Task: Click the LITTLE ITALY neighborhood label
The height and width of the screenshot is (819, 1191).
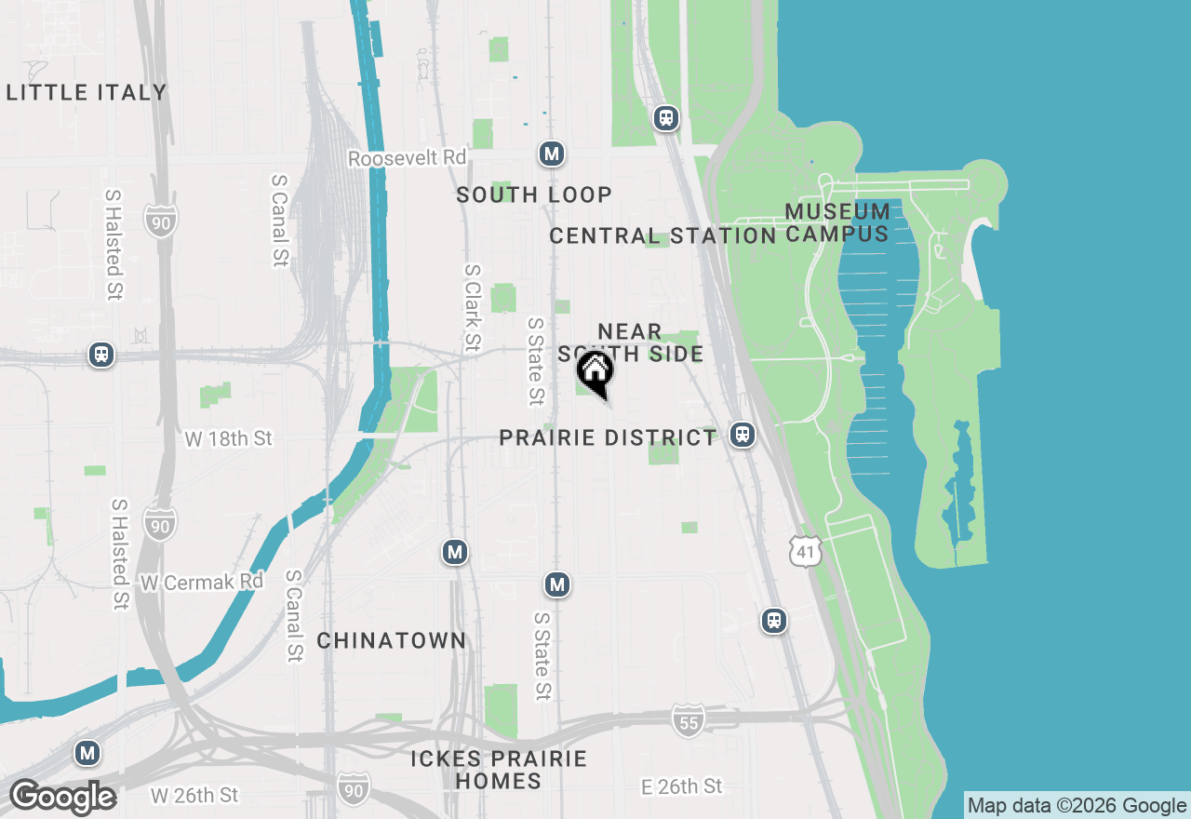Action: [x=87, y=92]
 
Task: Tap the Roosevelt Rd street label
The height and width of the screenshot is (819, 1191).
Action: [x=407, y=158]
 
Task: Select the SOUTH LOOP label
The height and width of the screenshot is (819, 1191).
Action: [x=534, y=195]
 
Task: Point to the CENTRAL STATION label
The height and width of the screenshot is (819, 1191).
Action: [x=662, y=235]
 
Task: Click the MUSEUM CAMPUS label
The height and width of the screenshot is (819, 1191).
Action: [x=837, y=222]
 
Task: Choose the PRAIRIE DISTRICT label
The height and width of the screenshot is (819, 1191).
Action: [x=608, y=437]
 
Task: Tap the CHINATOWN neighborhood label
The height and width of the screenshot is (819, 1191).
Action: [x=391, y=640]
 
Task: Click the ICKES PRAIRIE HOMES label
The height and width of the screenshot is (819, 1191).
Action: [x=499, y=770]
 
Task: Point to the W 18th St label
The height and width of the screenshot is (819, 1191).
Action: [x=228, y=438]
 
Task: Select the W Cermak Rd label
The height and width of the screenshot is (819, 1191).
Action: [x=202, y=582]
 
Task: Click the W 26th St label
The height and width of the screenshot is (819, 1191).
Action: [x=194, y=796]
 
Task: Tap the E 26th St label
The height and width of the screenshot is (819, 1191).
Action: [x=682, y=786]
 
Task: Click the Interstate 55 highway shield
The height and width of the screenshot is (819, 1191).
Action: [x=688, y=720]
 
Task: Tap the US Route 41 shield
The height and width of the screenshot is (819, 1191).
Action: [x=805, y=550]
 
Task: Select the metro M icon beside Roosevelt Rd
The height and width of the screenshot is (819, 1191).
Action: [x=552, y=154]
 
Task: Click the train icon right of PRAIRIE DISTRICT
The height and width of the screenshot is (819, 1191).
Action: [x=742, y=434]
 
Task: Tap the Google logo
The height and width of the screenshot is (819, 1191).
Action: [x=62, y=798]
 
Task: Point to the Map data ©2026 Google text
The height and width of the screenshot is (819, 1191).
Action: [x=1077, y=806]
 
